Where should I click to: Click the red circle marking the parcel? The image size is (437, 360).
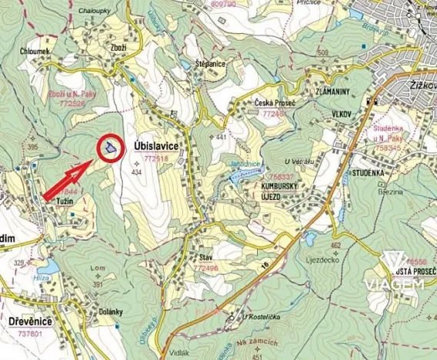pyautogui.click(x=111, y=148)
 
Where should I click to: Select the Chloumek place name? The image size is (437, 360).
pyautogui.click(x=36, y=52)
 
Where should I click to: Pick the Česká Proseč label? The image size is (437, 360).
pyautogui.click(x=275, y=103)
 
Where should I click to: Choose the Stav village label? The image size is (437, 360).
pyautogui.click(x=205, y=258)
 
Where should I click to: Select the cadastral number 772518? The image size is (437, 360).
pyautogui.click(x=156, y=158)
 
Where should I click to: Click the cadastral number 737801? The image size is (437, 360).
pyautogui.click(x=28, y=335)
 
